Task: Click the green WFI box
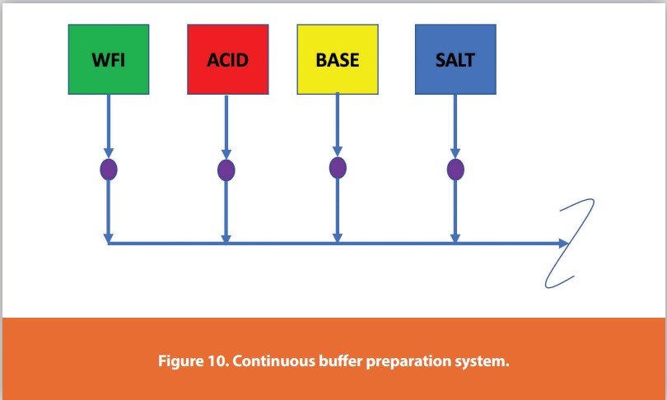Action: [109, 59]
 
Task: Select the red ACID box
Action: [227, 59]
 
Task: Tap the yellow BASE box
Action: [338, 59]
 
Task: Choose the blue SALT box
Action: [455, 59]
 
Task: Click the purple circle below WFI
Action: [109, 170]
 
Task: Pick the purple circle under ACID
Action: [226, 170]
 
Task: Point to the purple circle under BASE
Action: [338, 167]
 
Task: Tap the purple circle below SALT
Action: [455, 170]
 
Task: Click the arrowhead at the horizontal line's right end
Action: [563, 244]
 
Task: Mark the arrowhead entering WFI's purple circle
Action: [109, 153]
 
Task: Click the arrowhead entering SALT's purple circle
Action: [455, 153]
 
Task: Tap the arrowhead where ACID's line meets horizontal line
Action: [226, 239]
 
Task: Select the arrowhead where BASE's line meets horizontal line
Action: [338, 238]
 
